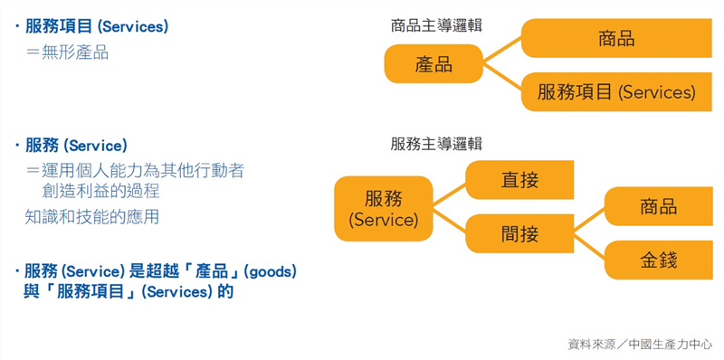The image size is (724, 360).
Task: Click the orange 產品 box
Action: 433,64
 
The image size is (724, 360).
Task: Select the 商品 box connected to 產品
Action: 616,38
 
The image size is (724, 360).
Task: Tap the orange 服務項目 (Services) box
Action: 616,91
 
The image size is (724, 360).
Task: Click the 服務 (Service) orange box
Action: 383,209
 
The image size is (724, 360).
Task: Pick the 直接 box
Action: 519,180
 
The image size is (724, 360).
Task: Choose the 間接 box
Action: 519,234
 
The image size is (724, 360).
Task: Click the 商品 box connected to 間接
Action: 658,206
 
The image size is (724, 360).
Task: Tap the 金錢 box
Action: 658,261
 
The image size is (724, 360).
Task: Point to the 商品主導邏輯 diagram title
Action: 436,25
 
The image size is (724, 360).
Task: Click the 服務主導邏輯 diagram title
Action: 436,143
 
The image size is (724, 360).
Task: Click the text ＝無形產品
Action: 67,52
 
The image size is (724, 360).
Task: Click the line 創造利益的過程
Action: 100,191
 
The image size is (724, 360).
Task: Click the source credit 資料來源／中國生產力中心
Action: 639,345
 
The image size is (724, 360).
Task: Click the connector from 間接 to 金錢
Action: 588,247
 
